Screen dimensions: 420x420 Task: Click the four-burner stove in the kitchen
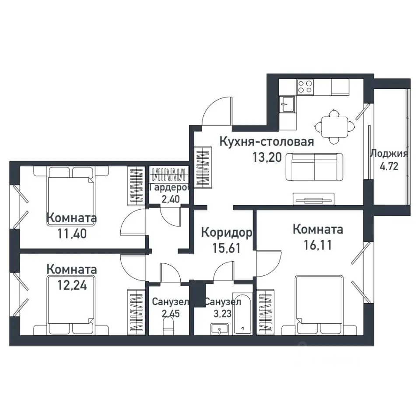click(305, 87)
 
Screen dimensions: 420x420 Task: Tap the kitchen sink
click(287, 104)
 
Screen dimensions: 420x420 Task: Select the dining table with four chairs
click(335, 127)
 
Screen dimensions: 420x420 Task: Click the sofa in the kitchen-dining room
click(314, 167)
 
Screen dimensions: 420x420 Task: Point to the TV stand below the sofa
click(314, 199)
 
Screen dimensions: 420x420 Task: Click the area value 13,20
click(267, 157)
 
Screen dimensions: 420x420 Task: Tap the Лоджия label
click(389, 154)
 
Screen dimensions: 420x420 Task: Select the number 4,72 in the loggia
click(389, 166)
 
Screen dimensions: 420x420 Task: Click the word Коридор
click(227, 232)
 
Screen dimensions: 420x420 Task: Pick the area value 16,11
click(318, 245)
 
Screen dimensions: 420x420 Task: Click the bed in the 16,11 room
click(319, 305)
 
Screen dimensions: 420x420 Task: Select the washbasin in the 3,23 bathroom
click(220, 329)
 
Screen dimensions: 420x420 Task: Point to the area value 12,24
click(72, 285)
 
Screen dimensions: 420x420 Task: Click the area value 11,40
click(72, 234)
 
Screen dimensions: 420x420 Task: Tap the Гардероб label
click(170, 187)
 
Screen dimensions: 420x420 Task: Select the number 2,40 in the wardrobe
click(171, 199)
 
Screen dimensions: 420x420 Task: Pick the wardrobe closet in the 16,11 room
click(265, 312)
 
